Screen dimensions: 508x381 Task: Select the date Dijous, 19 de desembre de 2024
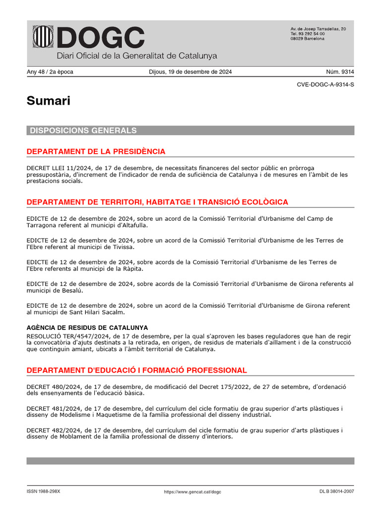point(190,72)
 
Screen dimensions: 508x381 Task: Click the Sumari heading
point(49,101)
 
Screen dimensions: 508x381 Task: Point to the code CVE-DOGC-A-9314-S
point(325,85)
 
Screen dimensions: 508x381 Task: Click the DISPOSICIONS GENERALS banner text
point(83,130)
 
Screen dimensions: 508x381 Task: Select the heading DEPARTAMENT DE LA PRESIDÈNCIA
point(96,151)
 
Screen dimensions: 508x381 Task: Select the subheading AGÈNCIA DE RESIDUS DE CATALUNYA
point(87,328)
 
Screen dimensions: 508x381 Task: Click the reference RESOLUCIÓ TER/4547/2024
point(68,335)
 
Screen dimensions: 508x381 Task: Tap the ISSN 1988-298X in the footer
point(43,492)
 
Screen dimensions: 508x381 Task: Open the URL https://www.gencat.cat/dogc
point(192,492)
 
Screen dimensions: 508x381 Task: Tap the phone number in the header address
point(308,34)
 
